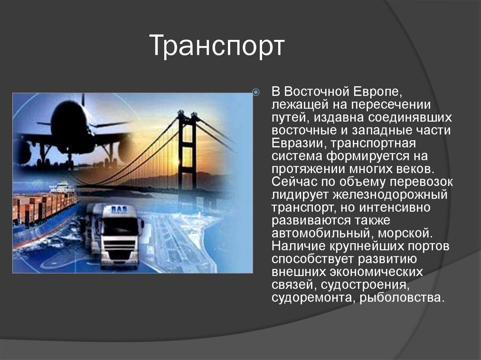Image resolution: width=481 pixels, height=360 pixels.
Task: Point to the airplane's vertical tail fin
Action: (83, 100)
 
